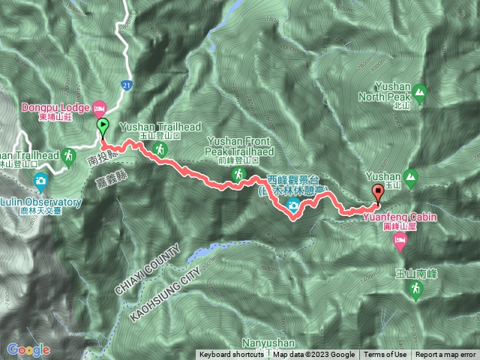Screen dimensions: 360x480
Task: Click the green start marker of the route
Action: [102, 127]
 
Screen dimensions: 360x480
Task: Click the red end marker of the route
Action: [377, 190]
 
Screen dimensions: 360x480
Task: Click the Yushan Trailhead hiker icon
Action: [159, 150]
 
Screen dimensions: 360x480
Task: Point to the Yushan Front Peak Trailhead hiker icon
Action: [237, 175]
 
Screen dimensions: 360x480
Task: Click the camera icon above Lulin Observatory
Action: [40, 180]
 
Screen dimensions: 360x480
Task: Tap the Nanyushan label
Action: [268, 342]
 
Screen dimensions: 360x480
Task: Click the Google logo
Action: [28, 349]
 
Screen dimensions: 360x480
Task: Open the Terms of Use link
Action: [385, 355]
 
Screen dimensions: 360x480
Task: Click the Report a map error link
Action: [445, 355]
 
